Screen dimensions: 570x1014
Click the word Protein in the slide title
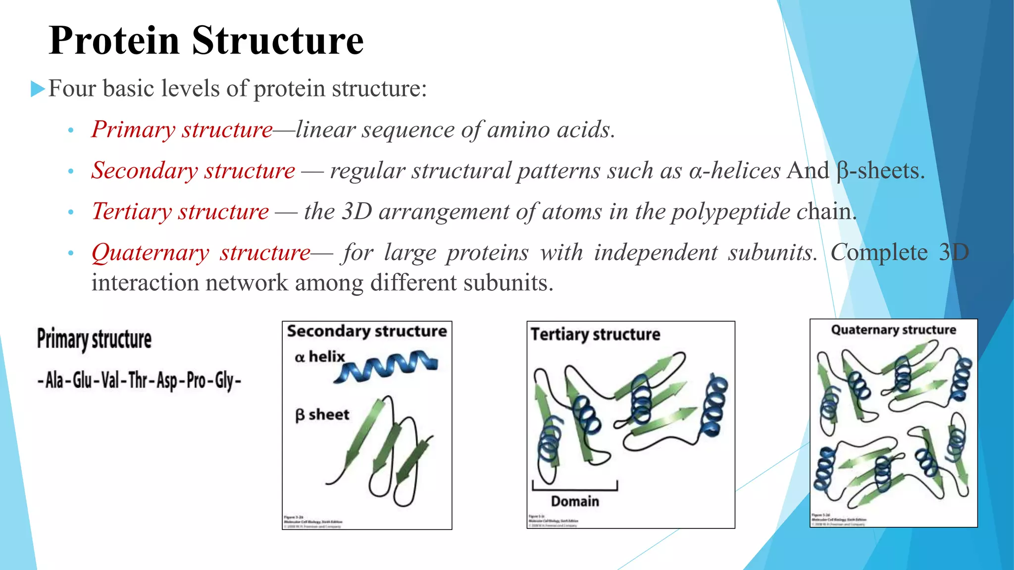tap(114, 41)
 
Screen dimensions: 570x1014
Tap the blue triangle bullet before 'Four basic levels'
tap(38, 89)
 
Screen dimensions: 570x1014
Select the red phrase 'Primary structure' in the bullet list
tap(182, 130)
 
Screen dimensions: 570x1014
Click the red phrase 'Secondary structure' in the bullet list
tap(193, 171)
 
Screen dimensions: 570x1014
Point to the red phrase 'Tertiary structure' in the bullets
tap(180, 212)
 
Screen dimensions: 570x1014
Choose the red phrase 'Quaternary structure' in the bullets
tap(201, 253)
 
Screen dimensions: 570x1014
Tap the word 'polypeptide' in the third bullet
tap(730, 212)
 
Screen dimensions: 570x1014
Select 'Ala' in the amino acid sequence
tap(54, 380)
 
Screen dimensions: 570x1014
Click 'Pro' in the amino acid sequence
tap(196, 380)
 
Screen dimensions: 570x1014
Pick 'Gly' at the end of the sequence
tap(224, 380)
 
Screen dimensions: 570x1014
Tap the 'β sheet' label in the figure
tap(322, 415)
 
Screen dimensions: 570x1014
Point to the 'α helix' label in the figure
tap(319, 357)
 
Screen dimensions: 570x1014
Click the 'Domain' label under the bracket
tap(575, 501)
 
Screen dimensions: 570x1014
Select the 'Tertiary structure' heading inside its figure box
tap(595, 334)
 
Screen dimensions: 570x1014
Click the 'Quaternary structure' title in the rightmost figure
tap(893, 330)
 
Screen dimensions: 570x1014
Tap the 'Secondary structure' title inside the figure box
tap(367, 331)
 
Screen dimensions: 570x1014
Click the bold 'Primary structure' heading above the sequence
tap(94, 339)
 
